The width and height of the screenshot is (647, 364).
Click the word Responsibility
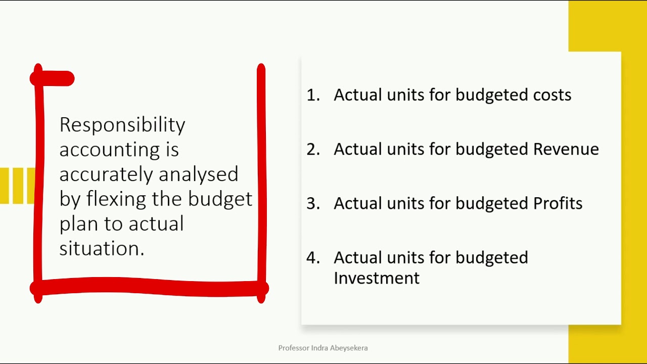tap(122, 125)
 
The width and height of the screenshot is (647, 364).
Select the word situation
tap(102, 248)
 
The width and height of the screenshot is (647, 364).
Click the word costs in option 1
tap(552, 95)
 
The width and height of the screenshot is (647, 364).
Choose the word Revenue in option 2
tap(566, 149)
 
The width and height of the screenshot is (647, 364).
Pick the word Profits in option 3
tap(558, 203)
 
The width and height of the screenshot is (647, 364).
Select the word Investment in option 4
tap(377, 278)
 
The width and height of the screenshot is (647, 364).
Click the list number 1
tap(313, 95)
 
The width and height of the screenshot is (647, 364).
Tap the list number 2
tap(313, 149)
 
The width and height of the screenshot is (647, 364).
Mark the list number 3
tap(313, 203)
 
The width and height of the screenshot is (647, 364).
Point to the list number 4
tap(313, 258)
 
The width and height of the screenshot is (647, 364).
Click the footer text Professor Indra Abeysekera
tap(323, 348)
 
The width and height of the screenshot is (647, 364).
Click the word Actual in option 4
tap(357, 258)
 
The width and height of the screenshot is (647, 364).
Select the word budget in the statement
tap(220, 199)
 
